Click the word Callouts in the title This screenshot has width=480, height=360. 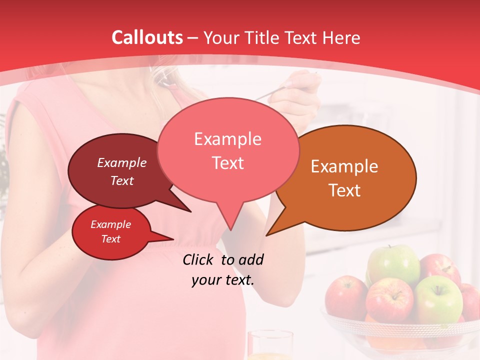point(147,37)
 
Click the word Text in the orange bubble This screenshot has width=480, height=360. point(344,190)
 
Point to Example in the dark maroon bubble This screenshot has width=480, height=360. point(121,162)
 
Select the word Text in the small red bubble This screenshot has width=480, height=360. point(111,239)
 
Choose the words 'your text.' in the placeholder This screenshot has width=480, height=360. point(222,280)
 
